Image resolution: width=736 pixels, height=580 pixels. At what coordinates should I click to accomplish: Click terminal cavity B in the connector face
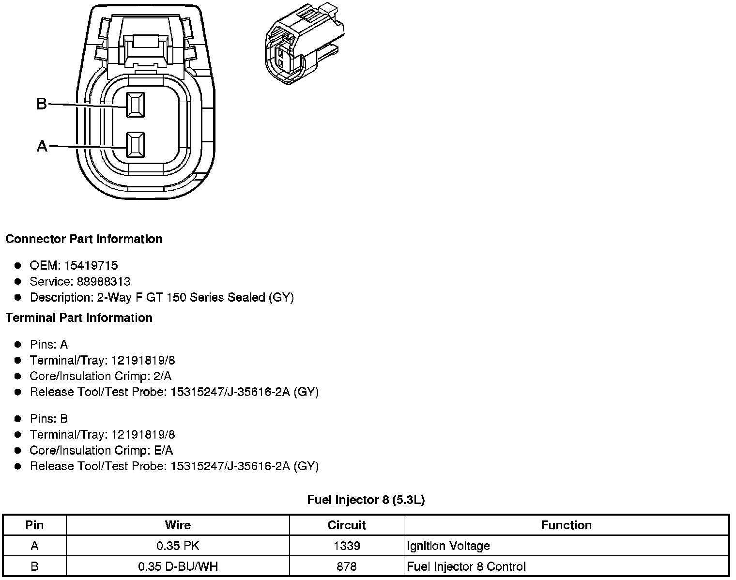[135, 105]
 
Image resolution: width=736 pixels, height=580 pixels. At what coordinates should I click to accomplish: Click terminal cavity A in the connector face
[135, 145]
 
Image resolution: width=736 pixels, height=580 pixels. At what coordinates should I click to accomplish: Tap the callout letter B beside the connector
[42, 104]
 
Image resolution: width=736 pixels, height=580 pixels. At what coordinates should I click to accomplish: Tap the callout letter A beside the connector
[42, 146]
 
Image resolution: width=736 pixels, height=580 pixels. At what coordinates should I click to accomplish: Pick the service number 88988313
[103, 281]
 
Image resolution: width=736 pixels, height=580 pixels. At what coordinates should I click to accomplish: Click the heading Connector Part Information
[84, 239]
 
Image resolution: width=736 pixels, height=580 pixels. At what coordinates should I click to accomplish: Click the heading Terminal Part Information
[79, 318]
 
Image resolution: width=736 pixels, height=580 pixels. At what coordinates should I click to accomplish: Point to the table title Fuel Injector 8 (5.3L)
[366, 500]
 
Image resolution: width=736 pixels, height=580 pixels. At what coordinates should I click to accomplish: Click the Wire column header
[178, 525]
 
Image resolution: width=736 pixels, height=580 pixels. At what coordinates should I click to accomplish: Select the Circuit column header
[347, 525]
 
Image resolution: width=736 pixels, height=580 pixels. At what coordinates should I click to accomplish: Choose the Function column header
[566, 525]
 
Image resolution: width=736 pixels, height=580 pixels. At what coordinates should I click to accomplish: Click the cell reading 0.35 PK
[178, 546]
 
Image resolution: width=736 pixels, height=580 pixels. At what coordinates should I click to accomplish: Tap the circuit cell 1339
[347, 546]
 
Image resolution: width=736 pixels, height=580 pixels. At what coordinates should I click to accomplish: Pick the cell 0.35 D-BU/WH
[178, 566]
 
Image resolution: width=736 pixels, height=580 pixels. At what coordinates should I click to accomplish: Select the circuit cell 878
[347, 566]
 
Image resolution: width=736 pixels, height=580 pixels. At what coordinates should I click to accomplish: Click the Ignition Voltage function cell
[448, 546]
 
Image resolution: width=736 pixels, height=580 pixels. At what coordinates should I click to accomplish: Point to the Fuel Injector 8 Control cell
[466, 566]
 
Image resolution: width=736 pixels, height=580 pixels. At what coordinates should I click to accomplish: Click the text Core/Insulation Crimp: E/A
[101, 450]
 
